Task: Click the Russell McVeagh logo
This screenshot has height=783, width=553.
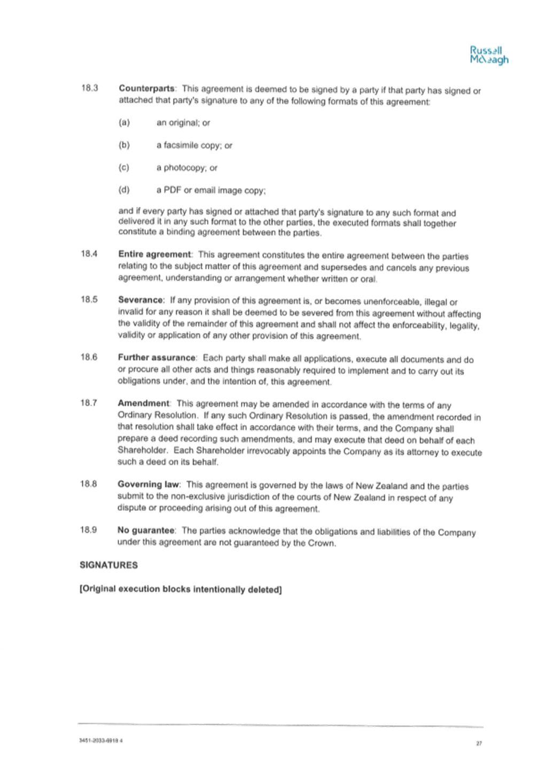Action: click(x=489, y=55)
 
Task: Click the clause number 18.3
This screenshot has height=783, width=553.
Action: click(x=90, y=88)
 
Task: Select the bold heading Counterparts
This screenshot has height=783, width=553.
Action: click(x=147, y=88)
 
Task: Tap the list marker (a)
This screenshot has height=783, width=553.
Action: click(x=124, y=122)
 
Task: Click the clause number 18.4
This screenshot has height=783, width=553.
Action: click(x=89, y=253)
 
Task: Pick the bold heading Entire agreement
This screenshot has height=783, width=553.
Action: click(x=155, y=254)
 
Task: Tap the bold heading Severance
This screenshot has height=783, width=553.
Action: click(x=141, y=299)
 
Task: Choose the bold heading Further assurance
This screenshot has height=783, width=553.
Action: click(x=157, y=357)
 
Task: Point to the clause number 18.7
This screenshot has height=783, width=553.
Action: click(x=88, y=402)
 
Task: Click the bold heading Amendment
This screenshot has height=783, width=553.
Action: click(x=143, y=403)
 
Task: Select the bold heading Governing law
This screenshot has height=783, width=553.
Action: click(x=149, y=484)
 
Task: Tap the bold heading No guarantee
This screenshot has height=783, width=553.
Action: click(x=146, y=530)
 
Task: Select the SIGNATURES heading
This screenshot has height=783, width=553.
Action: click(x=108, y=565)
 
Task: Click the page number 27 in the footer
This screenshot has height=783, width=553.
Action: click(x=479, y=743)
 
